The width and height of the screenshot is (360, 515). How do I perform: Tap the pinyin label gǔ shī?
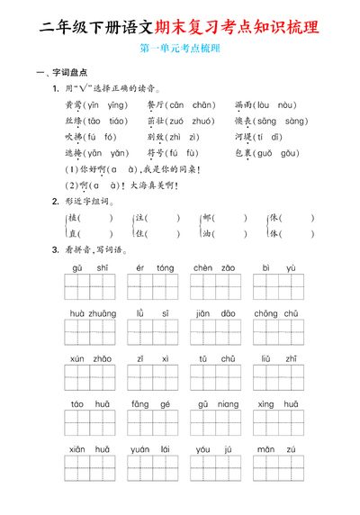click(84, 268)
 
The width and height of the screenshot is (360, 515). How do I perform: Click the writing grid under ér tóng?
click(154, 288)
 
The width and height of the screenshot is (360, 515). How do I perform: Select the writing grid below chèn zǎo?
click(215, 288)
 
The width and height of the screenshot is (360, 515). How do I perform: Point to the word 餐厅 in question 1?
click(157, 105)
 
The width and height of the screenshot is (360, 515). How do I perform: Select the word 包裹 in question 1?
click(245, 154)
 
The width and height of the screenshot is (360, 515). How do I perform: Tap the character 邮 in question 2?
click(207, 219)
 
